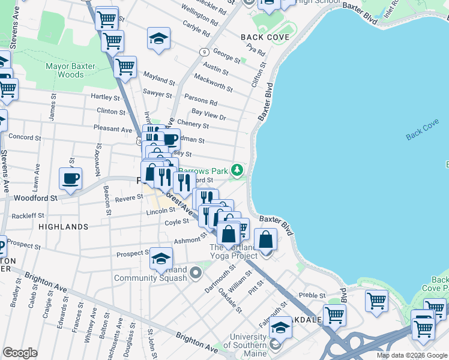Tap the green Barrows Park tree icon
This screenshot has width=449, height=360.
pos(238,170)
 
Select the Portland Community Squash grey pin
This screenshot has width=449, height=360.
pos(195,274)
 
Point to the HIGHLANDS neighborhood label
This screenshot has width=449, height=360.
pos(64,227)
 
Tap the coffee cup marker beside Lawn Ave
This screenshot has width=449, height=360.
pos(71,178)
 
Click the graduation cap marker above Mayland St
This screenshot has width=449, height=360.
pos(158,38)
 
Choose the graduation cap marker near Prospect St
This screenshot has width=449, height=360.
pos(161,259)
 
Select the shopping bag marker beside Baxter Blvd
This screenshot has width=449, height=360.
pos(265,240)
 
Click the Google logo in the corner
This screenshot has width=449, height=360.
pos(20,353)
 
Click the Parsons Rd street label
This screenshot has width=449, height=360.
pos(200,99)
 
